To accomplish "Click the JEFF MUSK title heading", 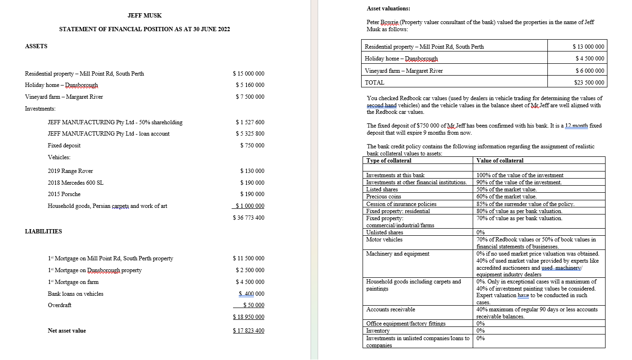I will [145, 16].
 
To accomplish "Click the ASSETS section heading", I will [36, 46].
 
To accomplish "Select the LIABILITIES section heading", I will [43, 231].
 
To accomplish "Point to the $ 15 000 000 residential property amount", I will [249, 74].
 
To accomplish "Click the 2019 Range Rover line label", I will [70, 171].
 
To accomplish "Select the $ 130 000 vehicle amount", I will [252, 171].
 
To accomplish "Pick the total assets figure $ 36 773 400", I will [249, 218].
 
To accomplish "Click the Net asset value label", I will [67, 331].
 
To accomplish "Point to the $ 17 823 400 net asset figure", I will [249, 331].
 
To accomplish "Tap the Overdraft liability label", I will [60, 305].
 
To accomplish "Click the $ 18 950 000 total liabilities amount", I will [249, 317].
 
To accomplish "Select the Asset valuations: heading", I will [389, 9].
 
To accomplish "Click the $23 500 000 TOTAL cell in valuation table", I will [588, 83].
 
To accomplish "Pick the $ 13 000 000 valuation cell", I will [588, 47].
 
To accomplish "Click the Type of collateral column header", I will [389, 161].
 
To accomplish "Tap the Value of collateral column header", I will [500, 161].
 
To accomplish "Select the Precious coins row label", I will [383, 197].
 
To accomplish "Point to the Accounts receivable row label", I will [390, 309].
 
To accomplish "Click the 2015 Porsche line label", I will [64, 194].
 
